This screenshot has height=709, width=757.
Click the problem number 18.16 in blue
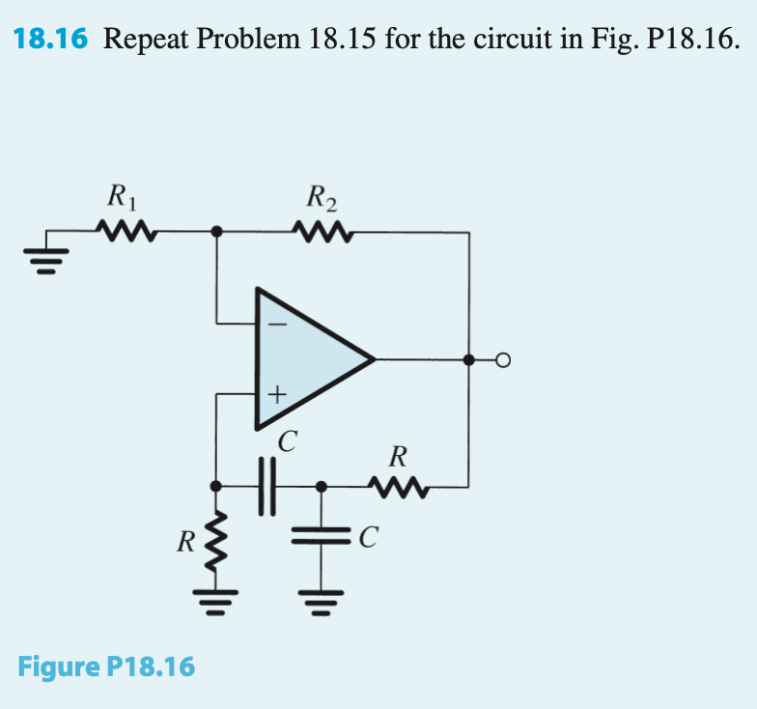pyautogui.click(x=50, y=39)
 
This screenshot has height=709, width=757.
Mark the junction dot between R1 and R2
pyautogui.click(x=216, y=232)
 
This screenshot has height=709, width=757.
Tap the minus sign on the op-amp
pyautogui.click(x=277, y=326)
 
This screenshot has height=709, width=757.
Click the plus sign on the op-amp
pyautogui.click(x=276, y=393)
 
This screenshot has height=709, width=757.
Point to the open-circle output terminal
pyautogui.click(x=501, y=360)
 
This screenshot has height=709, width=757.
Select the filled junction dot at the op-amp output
pyautogui.click(x=469, y=360)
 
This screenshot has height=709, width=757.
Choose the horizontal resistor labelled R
pyautogui.click(x=397, y=485)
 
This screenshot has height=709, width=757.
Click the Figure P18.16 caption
pyautogui.click(x=106, y=666)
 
